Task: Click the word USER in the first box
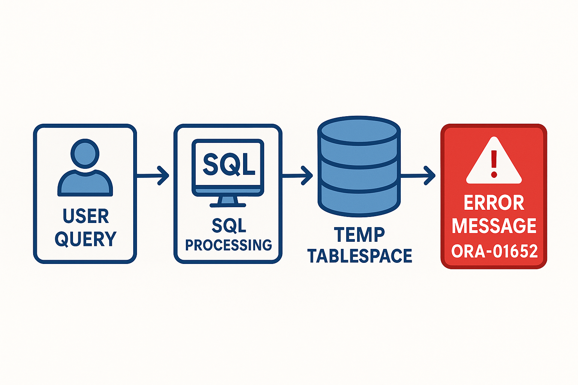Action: [86, 216]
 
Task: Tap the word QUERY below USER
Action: [86, 239]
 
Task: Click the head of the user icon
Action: [85, 153]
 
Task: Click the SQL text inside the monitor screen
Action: [228, 164]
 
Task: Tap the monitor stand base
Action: [228, 205]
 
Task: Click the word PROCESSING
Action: [228, 245]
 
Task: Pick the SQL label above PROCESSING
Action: [228, 226]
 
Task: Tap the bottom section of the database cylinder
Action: [359, 199]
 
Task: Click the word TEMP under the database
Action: [359, 235]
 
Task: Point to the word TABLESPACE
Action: [360, 256]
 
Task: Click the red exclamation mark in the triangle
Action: [494, 164]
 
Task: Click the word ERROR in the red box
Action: [494, 203]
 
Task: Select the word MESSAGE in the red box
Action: [494, 226]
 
